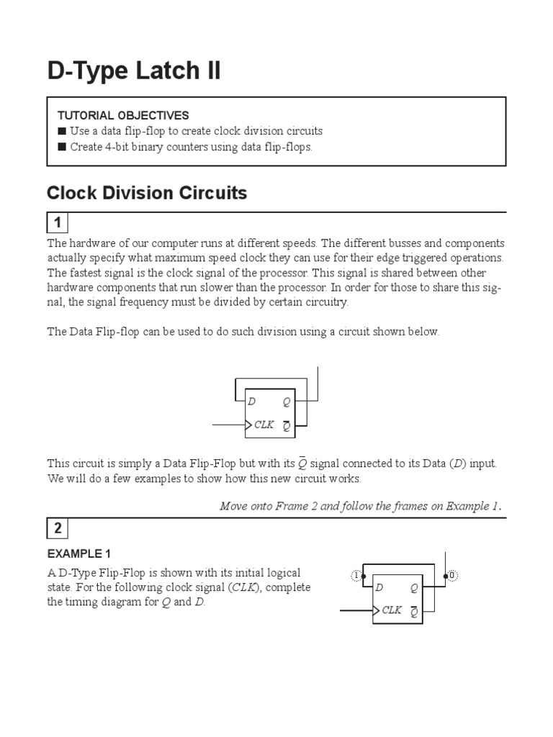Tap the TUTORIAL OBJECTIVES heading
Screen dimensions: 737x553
point(123,115)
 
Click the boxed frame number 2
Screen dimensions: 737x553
point(58,529)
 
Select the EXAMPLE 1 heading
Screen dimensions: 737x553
point(79,553)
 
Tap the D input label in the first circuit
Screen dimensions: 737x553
point(252,402)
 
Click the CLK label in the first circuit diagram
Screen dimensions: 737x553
point(264,425)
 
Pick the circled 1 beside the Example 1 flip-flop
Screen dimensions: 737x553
point(355,575)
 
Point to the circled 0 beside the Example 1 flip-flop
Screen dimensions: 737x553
point(452,575)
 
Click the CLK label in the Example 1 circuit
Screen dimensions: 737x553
point(392,610)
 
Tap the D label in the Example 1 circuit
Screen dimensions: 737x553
point(379,587)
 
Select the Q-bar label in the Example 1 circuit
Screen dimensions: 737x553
point(414,612)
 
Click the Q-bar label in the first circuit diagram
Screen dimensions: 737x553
point(287,425)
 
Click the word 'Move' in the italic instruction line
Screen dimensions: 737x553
point(234,505)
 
